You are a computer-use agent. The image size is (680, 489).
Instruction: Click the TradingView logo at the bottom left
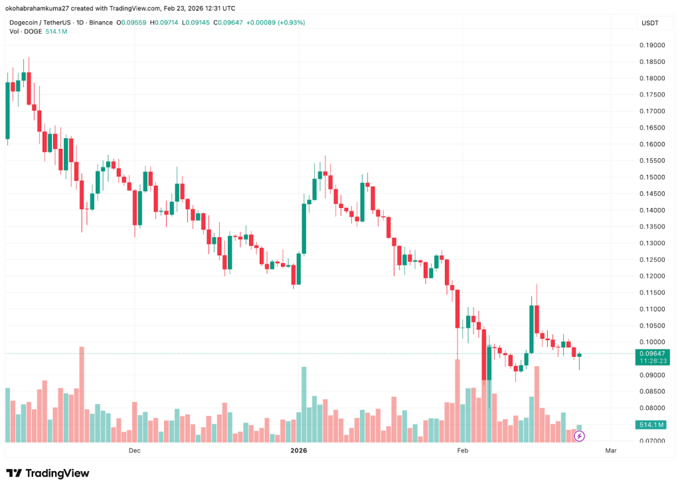[47, 473]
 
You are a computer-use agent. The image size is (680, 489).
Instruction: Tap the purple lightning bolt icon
[579, 436]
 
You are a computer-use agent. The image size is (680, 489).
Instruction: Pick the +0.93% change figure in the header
[290, 22]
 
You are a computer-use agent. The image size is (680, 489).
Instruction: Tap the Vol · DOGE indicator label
[21, 31]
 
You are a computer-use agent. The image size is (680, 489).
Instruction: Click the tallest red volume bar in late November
[82, 394]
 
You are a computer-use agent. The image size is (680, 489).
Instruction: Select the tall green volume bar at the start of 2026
[304, 404]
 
